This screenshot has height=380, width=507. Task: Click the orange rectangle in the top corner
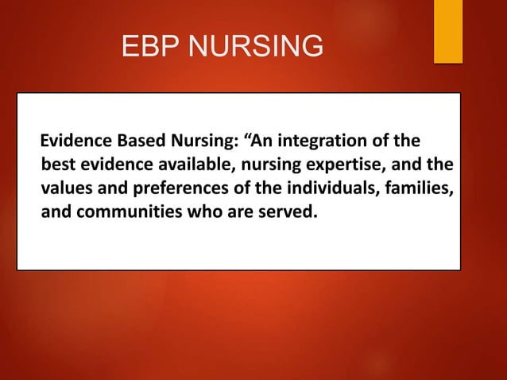(447, 30)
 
